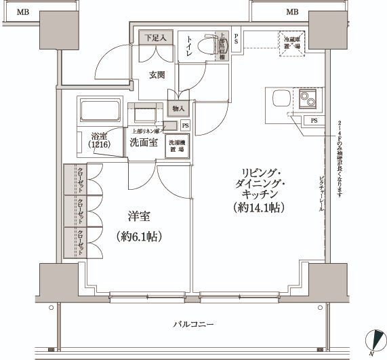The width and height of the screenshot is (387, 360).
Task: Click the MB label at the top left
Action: coord(24,12)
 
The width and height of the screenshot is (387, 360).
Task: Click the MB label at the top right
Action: coord(292,12)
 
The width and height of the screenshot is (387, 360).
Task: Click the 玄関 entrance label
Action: coord(157,75)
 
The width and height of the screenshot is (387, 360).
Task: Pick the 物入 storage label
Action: coord(178,108)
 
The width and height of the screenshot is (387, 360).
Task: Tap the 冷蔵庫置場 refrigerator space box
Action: coord(292,45)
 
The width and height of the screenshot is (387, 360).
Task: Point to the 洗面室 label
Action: coord(144,142)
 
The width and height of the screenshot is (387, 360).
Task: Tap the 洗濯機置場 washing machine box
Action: coord(177,146)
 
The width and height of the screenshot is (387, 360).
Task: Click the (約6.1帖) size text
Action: coord(140,237)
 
